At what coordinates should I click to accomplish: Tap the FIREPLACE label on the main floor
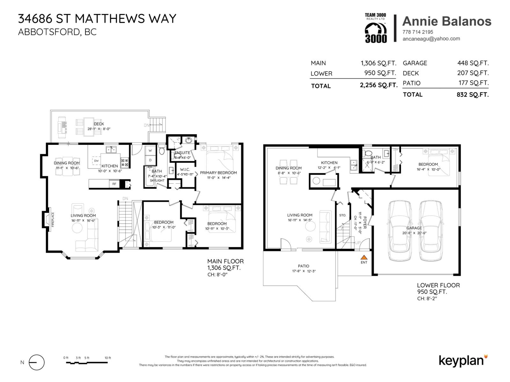[x=53, y=219]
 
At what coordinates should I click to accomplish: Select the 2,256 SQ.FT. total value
[x=378, y=85]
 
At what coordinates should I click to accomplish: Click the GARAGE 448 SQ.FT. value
[x=473, y=63]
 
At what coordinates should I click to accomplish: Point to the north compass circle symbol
[x=36, y=362]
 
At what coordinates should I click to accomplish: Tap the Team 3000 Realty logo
[x=375, y=28]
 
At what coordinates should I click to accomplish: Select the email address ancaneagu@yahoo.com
[x=431, y=39]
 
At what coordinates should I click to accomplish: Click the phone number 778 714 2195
[x=418, y=32]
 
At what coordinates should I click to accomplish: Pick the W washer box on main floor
[x=150, y=151]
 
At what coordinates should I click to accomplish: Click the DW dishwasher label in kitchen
[x=96, y=161]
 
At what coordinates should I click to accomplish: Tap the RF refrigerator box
[x=114, y=184]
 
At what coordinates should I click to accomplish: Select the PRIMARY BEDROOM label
[x=218, y=173]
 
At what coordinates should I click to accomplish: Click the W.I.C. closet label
[x=185, y=170]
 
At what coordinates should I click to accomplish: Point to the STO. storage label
[x=343, y=216]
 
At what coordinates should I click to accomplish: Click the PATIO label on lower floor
[x=303, y=266]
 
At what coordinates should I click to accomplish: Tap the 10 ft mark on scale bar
[x=108, y=358]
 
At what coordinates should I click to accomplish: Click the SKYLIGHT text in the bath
[x=157, y=180]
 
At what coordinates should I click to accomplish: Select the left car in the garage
[x=399, y=230]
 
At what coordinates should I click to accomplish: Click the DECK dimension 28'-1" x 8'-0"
[x=99, y=129]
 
